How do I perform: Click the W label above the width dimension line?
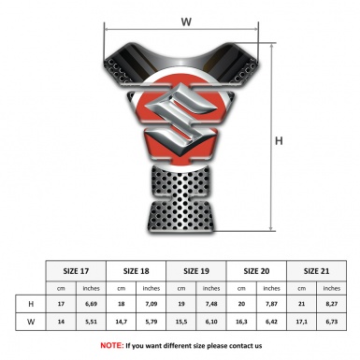[x=186, y=22]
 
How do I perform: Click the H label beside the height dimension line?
[x=279, y=141]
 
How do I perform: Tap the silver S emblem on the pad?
[x=180, y=120]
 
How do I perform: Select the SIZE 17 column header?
[x=76, y=271]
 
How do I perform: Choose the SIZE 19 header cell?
[x=196, y=271]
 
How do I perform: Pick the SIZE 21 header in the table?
[x=316, y=271]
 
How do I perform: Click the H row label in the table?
[x=31, y=304]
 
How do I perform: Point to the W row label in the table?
[x=31, y=322]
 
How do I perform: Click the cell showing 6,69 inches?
[x=91, y=304]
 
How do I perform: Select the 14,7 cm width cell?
[x=122, y=322]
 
